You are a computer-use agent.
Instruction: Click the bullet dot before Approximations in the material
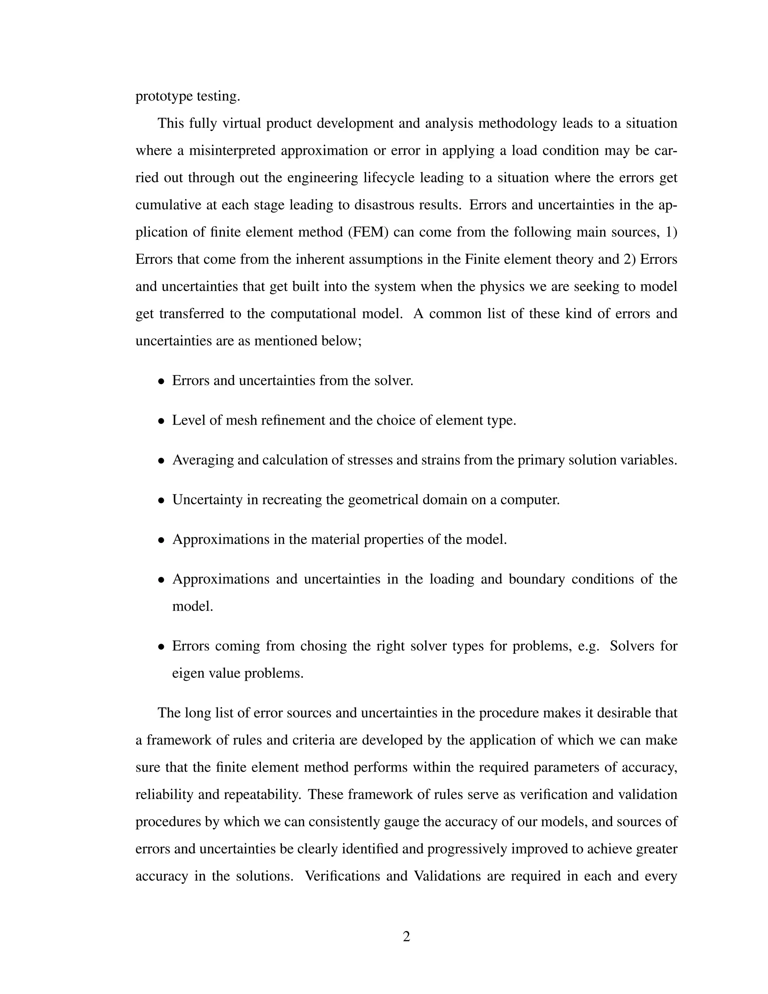[x=161, y=541]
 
